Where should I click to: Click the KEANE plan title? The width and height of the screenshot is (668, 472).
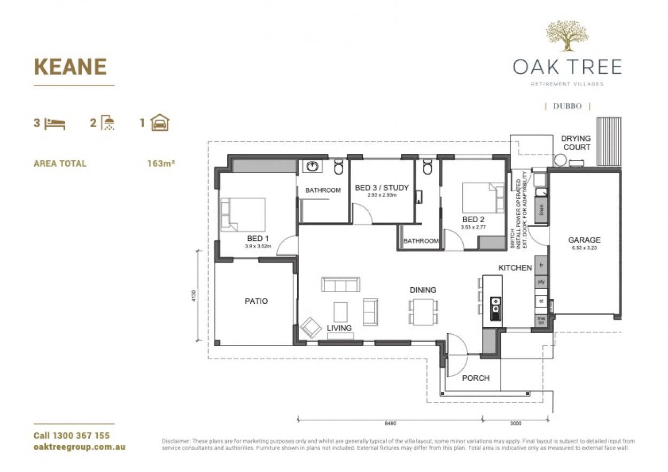[70, 67]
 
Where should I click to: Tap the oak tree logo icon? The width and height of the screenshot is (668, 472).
[567, 36]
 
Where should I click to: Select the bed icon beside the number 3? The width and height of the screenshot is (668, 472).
[55, 124]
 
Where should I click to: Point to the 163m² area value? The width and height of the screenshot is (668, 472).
[161, 163]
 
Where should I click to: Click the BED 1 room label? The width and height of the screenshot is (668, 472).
[258, 238]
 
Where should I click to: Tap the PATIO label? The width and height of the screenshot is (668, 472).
[256, 301]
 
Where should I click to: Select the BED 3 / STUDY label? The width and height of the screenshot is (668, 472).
[382, 187]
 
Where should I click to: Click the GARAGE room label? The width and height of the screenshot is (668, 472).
[584, 240]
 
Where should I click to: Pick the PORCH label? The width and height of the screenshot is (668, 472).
[476, 378]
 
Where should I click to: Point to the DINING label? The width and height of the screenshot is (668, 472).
[423, 290]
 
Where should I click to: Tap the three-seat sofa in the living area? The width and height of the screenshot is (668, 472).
[340, 284]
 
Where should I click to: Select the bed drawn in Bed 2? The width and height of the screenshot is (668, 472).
[484, 198]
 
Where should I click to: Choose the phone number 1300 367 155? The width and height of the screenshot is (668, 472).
[72, 436]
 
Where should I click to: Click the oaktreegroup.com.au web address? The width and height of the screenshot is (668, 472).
[79, 447]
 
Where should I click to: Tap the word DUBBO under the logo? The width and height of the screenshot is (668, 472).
[568, 106]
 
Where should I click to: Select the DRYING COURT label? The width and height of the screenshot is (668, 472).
[576, 143]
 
